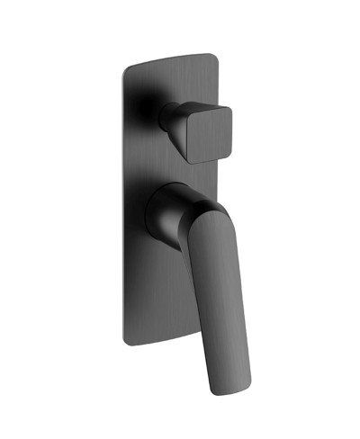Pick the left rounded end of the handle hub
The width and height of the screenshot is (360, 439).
point(148,216)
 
